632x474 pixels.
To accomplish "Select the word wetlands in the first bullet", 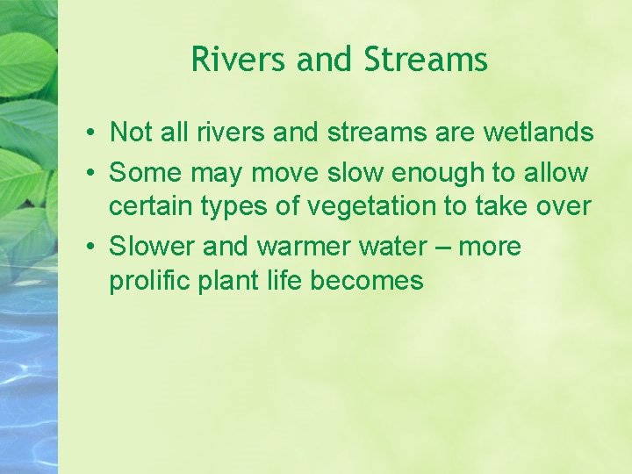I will click(539, 133).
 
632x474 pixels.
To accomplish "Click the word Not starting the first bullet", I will click(132, 133).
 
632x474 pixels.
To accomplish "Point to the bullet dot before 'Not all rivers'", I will click(91, 133).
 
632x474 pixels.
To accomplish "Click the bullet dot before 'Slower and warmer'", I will click(91, 248).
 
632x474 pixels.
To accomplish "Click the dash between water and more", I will click(441, 248).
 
